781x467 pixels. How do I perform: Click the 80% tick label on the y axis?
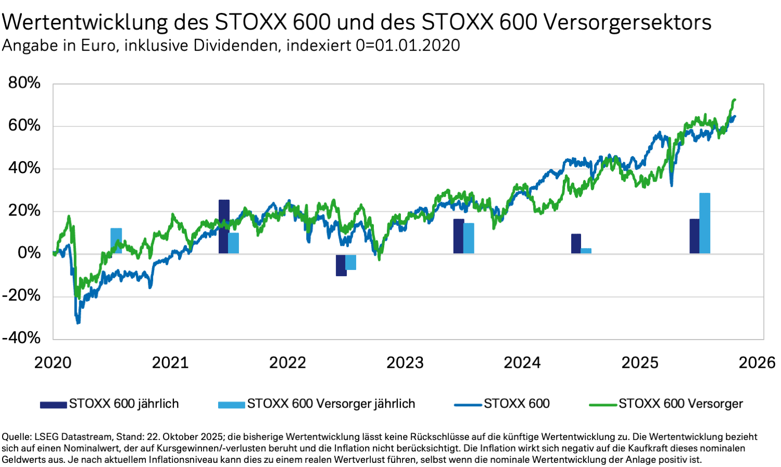(24, 83)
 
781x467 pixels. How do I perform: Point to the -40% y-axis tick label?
(21, 338)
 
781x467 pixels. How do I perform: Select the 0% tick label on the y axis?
(29, 253)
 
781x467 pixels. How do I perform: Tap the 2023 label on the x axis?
(405, 362)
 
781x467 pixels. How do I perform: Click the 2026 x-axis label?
(757, 362)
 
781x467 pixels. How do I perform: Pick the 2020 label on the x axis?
(53, 362)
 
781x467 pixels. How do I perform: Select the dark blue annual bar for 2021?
(224, 227)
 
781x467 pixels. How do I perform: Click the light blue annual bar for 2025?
(704, 224)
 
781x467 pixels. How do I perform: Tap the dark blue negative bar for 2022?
(341, 265)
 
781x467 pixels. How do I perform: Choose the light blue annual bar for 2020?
(116, 241)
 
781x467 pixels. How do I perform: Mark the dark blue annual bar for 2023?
(458, 236)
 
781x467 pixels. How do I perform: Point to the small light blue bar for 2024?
(586, 251)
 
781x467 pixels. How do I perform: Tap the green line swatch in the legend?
(602, 405)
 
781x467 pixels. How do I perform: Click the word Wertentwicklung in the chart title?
(85, 23)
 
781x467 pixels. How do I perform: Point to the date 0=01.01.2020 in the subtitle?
(408, 46)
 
